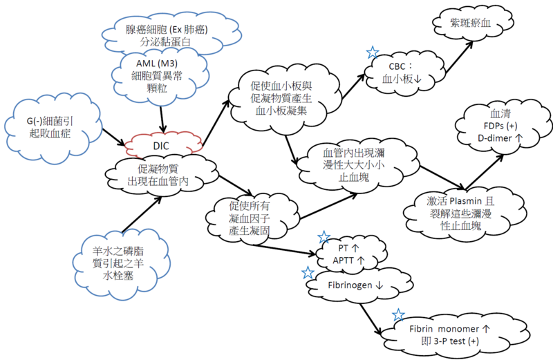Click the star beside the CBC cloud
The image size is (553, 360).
point(373,53)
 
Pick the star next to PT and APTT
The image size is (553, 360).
point(324,237)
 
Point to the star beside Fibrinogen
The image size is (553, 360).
point(308,272)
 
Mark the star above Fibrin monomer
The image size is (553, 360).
point(398,315)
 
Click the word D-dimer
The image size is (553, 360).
point(494,138)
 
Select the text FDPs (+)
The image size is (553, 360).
point(500,126)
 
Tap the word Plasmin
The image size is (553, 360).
point(465,201)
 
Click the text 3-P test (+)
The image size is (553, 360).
point(456,341)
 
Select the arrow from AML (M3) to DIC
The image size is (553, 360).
point(162,119)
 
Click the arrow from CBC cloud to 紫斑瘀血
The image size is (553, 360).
point(459,57)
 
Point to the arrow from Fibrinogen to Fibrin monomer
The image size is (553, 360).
point(371,319)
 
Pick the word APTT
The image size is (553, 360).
point(343,260)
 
